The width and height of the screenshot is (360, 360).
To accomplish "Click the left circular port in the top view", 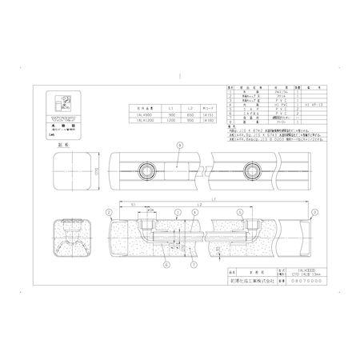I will pyautogui.click(x=146, y=171).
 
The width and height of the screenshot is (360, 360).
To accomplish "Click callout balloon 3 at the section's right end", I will pyautogui.click(x=314, y=211).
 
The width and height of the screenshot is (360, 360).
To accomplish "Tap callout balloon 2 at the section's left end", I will pyautogui.click(x=108, y=211).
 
